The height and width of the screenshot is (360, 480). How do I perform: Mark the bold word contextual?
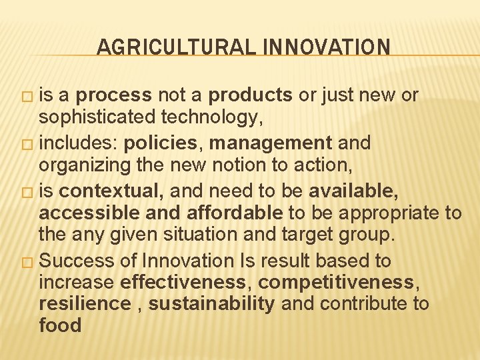(111, 192)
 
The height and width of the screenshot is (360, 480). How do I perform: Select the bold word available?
(353, 192)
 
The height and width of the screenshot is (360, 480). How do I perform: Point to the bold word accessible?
(90, 213)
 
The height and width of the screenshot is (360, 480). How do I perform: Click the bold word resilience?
(85, 304)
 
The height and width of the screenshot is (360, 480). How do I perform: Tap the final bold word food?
(60, 326)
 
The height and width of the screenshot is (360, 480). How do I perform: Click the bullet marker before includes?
(25, 143)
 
